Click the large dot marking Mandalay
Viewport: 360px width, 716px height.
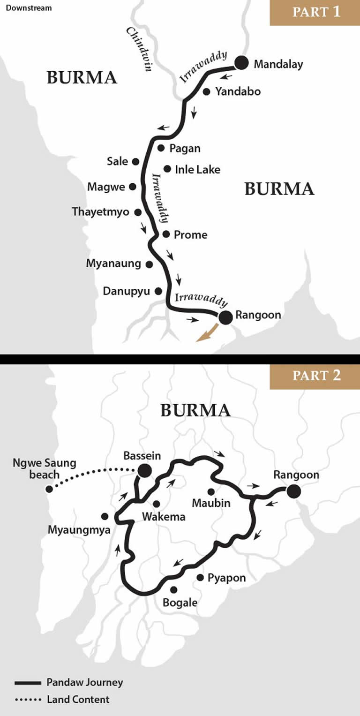pyautogui.click(x=241, y=63)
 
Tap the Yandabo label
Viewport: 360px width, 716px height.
pyautogui.click(x=238, y=91)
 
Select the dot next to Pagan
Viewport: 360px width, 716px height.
pyautogui.click(x=161, y=148)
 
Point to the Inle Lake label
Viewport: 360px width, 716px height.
pyautogui.click(x=197, y=169)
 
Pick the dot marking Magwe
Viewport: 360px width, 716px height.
pyautogui.click(x=133, y=187)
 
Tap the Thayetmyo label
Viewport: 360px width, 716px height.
pyautogui.click(x=100, y=212)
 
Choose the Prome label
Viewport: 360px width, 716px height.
pyautogui.click(x=190, y=234)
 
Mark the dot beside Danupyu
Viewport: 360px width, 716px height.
pyautogui.click(x=158, y=291)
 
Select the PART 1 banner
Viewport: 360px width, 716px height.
pyautogui.click(x=315, y=13)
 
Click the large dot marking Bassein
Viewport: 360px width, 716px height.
pyautogui.click(x=144, y=470)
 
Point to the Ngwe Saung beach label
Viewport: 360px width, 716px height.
pyautogui.click(x=45, y=468)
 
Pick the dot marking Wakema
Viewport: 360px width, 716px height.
pyautogui.click(x=157, y=504)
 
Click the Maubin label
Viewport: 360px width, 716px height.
pyautogui.click(x=211, y=503)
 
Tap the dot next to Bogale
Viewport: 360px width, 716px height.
pyautogui.click(x=173, y=589)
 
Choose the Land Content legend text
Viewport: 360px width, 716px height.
pyautogui.click(x=78, y=699)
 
